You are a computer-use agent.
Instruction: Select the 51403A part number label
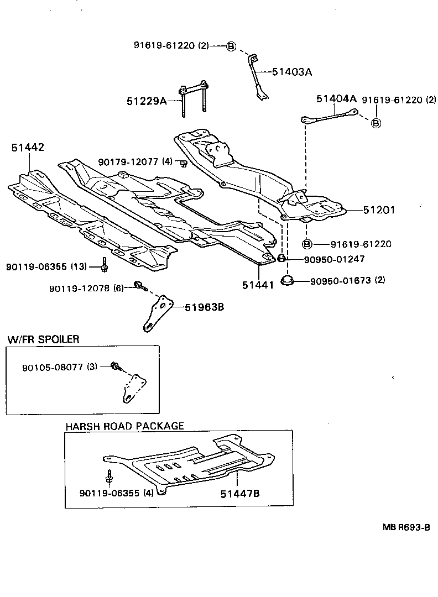(x=292, y=72)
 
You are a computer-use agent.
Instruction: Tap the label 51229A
(x=146, y=101)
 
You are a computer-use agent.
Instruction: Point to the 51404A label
(x=336, y=99)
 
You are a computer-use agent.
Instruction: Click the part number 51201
(x=379, y=210)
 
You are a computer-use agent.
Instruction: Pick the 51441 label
(x=258, y=285)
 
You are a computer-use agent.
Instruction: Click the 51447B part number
(x=239, y=494)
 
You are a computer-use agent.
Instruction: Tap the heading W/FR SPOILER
(x=43, y=339)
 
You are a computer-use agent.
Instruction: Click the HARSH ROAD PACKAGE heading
(x=124, y=426)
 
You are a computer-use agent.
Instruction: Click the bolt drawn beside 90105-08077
(x=115, y=366)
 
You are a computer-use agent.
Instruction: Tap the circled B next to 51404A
(x=376, y=123)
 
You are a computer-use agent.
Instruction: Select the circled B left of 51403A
(x=232, y=46)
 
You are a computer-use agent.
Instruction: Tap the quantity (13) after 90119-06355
(x=79, y=266)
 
